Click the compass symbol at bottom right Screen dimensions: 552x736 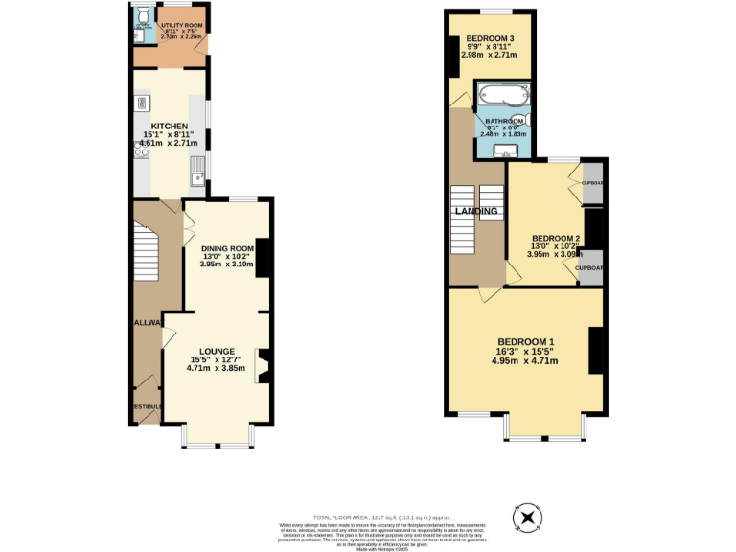click(526, 518)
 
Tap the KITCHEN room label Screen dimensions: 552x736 click(169, 126)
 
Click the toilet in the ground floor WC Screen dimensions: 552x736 click(142, 17)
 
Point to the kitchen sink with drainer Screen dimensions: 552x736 click(196, 169)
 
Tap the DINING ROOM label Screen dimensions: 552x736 click(227, 248)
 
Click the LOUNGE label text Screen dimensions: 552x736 click(217, 351)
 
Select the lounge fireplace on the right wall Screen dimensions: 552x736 click(263, 367)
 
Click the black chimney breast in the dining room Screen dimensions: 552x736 click(263, 257)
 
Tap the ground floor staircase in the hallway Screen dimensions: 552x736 click(147, 251)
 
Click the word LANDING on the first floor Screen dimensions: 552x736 click(476, 211)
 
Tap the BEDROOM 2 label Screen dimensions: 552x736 click(556, 238)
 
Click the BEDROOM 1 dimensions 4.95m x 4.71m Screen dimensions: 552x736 click(524, 361)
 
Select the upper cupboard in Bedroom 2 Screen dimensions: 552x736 click(592, 182)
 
